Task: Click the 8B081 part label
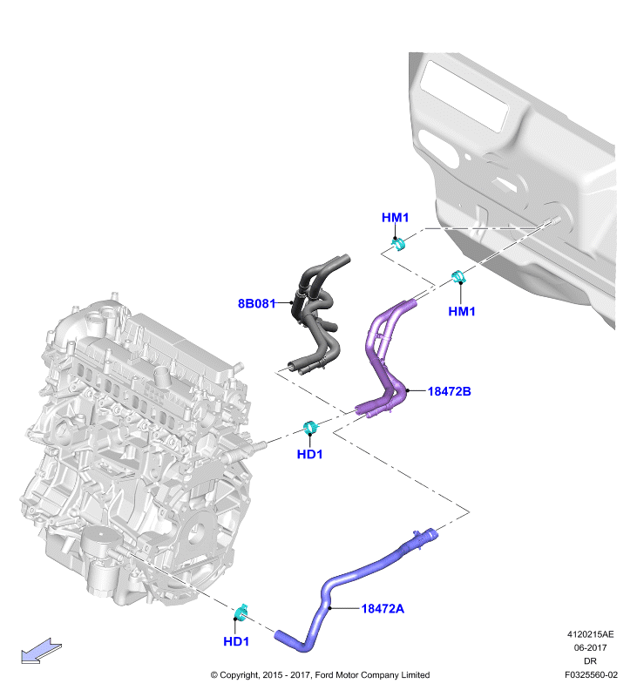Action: tap(256, 303)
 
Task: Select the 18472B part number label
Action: tap(449, 391)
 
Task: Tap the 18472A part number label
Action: tap(383, 608)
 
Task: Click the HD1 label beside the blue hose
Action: tap(236, 641)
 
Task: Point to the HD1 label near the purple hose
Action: tap(309, 454)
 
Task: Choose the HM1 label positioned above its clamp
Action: tap(395, 217)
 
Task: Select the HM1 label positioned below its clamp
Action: tap(462, 311)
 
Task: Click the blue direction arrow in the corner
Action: tap(41, 651)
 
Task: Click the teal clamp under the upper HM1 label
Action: tap(399, 244)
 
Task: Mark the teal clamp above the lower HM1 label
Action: tap(458, 276)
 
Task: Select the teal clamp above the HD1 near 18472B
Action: tap(311, 428)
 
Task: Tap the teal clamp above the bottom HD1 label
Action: tap(241, 613)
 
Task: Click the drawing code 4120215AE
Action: tap(590, 634)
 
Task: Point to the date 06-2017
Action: tap(590, 647)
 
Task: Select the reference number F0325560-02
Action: tap(591, 674)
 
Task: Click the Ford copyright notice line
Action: tap(320, 674)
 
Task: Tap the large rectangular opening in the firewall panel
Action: tap(464, 95)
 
